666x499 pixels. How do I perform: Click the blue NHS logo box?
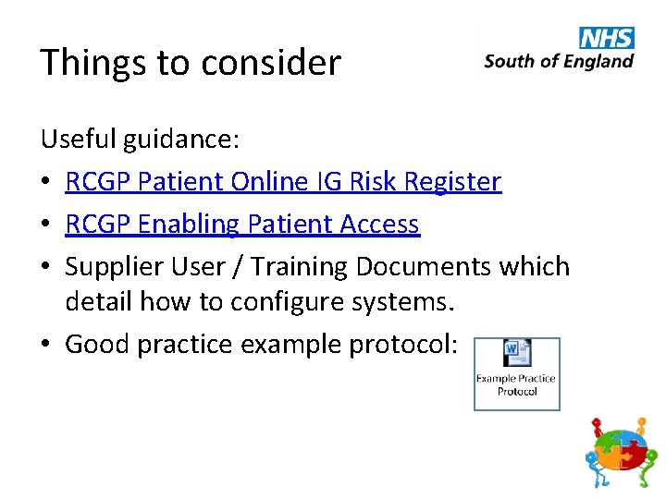(x=607, y=38)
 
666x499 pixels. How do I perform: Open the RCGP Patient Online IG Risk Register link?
(x=283, y=181)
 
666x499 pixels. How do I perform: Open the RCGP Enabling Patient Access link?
(x=242, y=224)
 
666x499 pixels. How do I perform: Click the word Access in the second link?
(x=379, y=224)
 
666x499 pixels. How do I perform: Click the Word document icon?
(x=516, y=354)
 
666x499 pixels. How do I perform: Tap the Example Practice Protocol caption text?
(x=516, y=384)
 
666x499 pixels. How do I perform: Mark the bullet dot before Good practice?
(x=46, y=345)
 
